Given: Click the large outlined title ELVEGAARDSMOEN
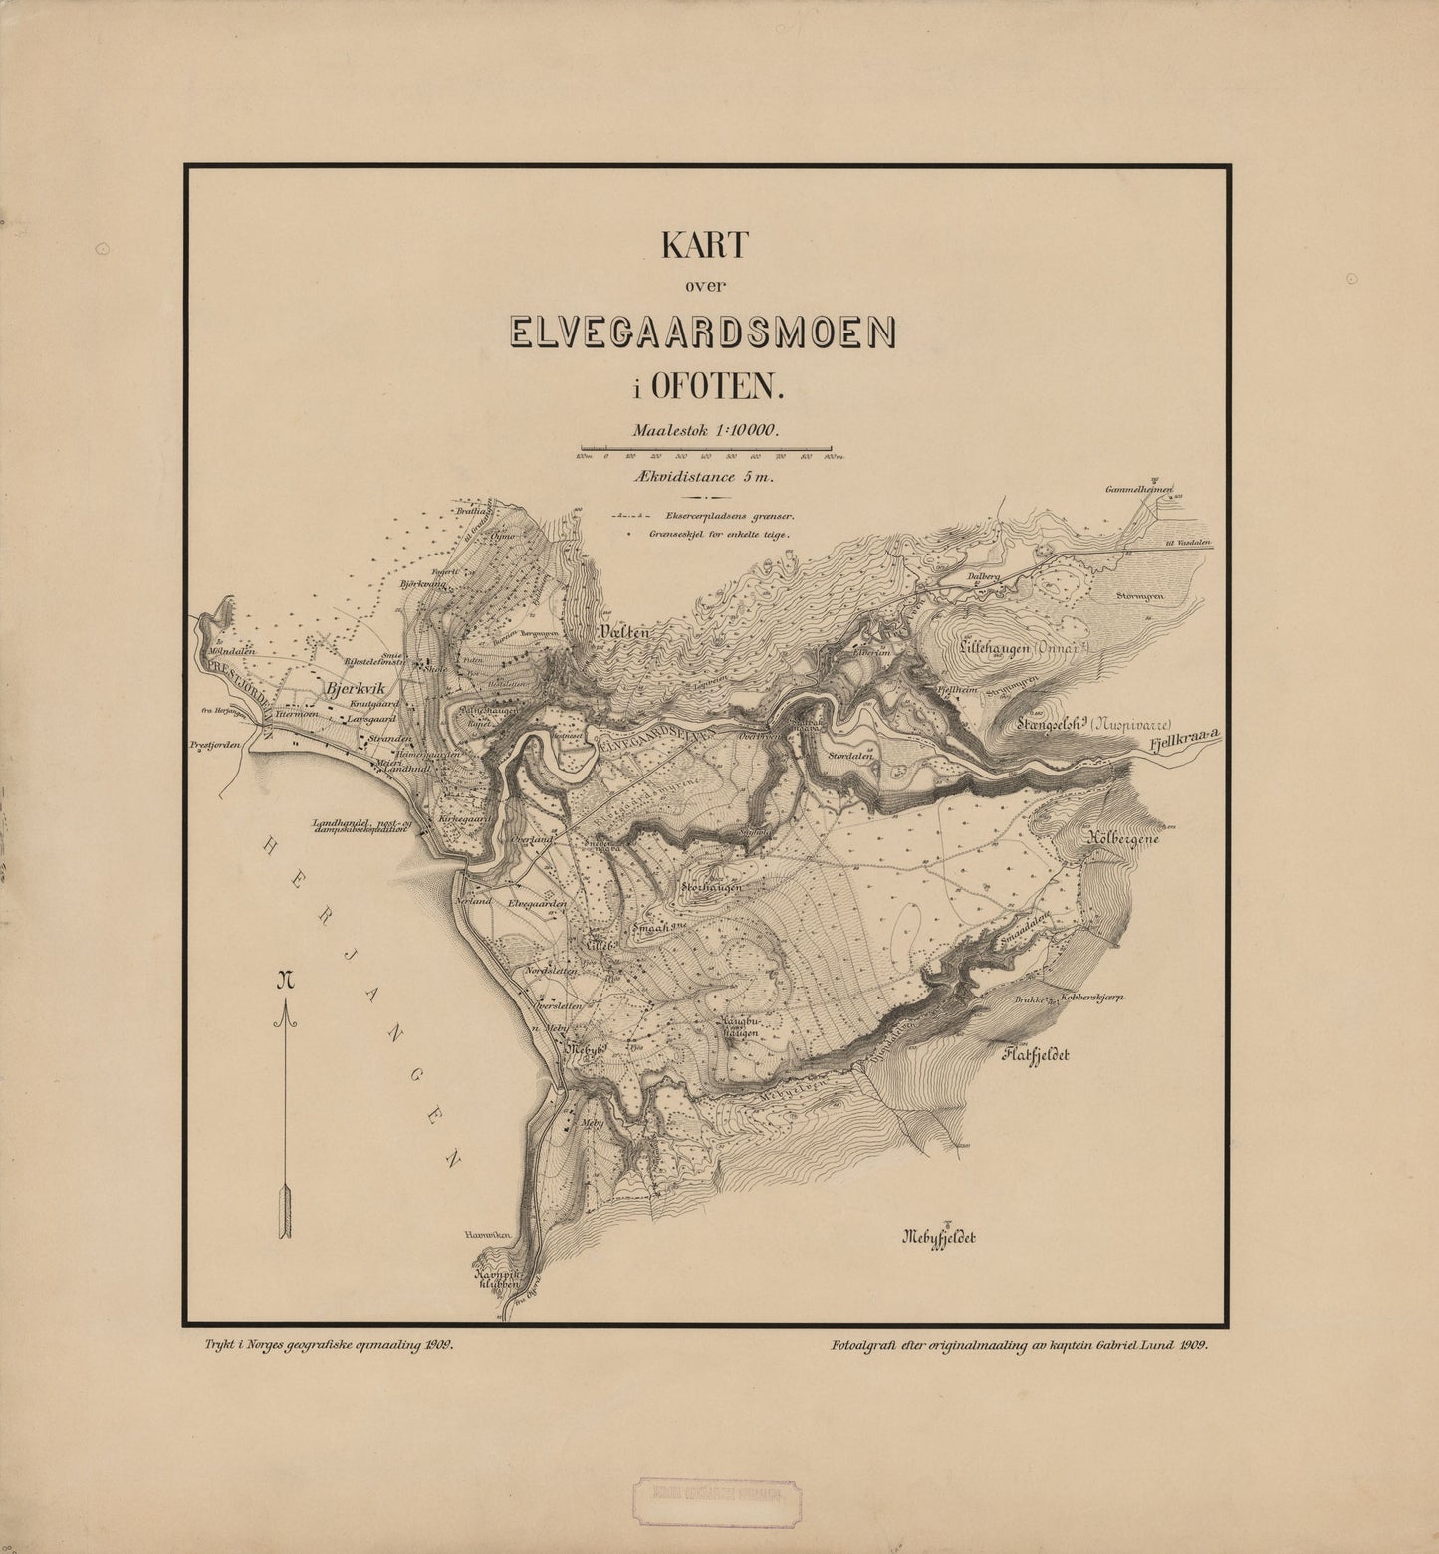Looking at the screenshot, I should point(702,333).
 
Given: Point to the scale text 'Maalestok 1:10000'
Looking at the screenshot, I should point(703,430).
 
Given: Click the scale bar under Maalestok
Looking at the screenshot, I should point(707,451).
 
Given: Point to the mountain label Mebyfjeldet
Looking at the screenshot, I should point(939,1238).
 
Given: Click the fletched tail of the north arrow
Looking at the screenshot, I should point(286,1212).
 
